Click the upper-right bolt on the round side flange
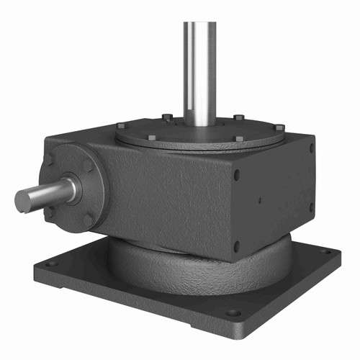tap(88, 166)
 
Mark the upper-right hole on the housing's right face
tap(311, 148)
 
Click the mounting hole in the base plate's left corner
tap(51, 264)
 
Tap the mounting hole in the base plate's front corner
tap(233, 313)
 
